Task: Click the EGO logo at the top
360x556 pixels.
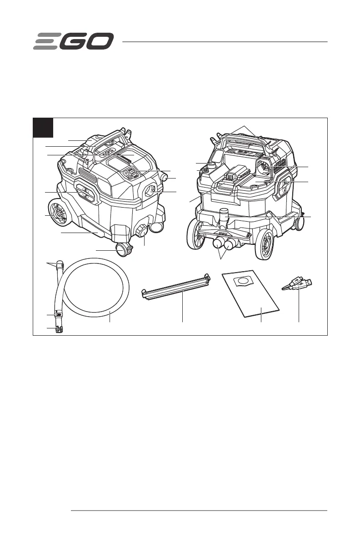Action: tap(73, 42)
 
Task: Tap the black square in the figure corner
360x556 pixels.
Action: tap(44, 128)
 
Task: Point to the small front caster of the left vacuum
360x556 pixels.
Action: tap(122, 249)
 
